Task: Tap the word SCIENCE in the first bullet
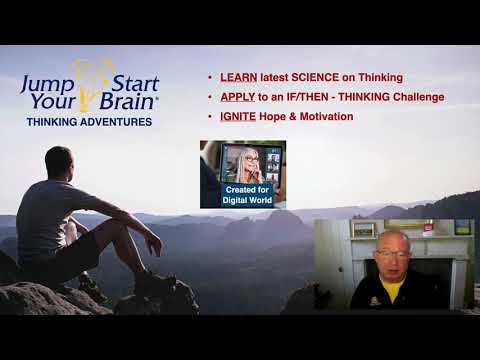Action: coord(319,78)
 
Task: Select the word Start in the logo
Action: coord(133,81)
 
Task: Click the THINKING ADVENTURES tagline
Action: coord(89,122)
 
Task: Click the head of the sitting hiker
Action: coord(59,162)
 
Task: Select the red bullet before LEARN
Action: coord(209,78)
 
